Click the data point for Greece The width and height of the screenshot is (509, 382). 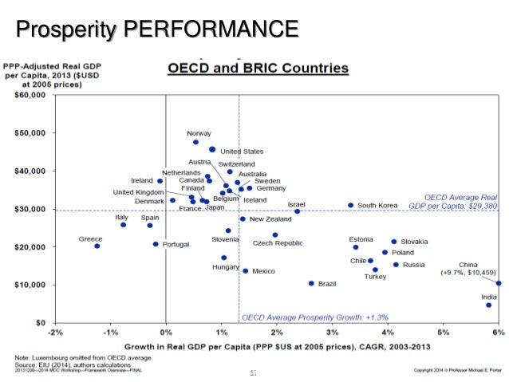pyautogui.click(x=97, y=246)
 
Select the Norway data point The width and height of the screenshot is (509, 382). pyautogui.click(x=195, y=142)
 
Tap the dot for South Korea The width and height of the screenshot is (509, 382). pyautogui.click(x=350, y=205)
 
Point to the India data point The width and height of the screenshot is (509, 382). pyautogui.click(x=488, y=305)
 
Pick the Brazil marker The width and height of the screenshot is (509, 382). pyautogui.click(x=311, y=283)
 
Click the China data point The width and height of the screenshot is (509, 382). pyautogui.click(x=499, y=282)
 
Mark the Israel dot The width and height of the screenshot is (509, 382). pyautogui.click(x=298, y=211)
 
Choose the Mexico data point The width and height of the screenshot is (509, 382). pyautogui.click(x=245, y=271)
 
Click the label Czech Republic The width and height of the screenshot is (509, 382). pyautogui.click(x=278, y=243)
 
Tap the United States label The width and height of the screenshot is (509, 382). pyautogui.click(x=242, y=152)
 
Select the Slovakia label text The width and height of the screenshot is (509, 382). pyautogui.click(x=414, y=242)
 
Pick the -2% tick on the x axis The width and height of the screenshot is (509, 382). pyautogui.click(x=54, y=332)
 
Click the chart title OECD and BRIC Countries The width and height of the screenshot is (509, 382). pyautogui.click(x=257, y=69)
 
